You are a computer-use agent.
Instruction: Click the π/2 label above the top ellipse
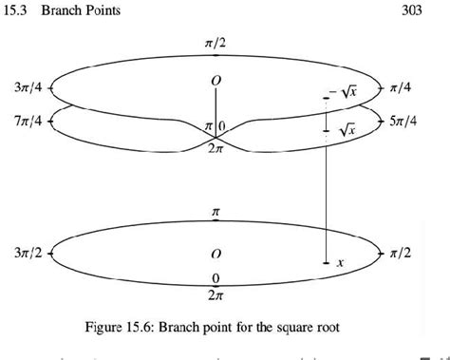(216, 45)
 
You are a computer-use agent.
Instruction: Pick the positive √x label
(347, 128)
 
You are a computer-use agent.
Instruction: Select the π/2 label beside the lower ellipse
(399, 254)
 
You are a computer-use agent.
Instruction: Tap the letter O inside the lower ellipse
(216, 255)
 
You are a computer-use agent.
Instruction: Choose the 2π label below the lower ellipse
(216, 295)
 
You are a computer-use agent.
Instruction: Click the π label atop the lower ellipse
(216, 213)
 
